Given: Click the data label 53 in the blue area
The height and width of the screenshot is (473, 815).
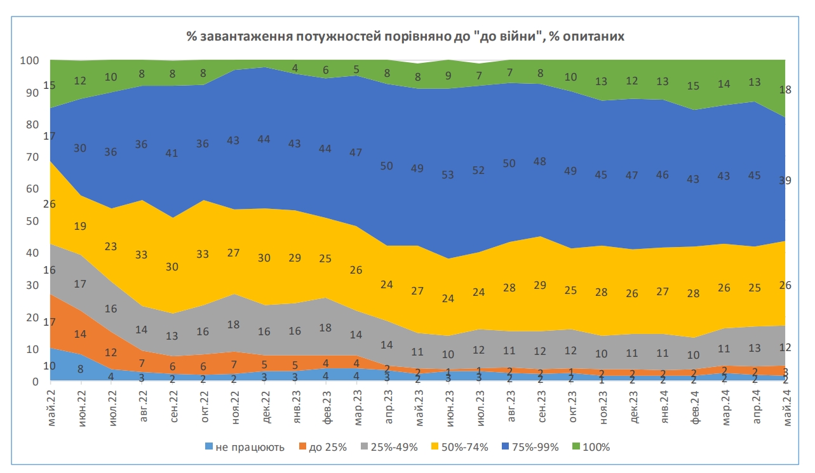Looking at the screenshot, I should coord(449,175).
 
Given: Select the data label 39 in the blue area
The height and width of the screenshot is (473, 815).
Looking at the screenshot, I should coord(786,180).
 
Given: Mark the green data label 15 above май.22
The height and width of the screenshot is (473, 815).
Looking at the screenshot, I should coord(49,85).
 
